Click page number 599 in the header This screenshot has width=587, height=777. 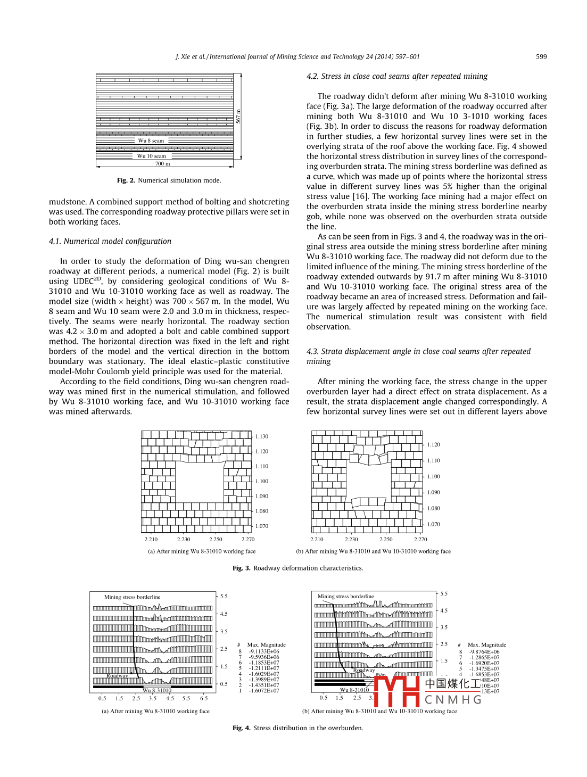tap(541, 56)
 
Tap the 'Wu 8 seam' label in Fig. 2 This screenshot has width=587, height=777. tap(151, 141)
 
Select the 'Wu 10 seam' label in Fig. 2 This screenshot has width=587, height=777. tap(152, 156)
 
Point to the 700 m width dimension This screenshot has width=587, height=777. tap(163, 164)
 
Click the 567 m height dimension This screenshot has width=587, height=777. tap(238, 116)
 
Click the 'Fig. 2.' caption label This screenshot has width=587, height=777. tap(126, 180)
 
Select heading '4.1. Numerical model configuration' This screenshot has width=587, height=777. tap(110, 241)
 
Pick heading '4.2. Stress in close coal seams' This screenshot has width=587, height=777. tap(397, 76)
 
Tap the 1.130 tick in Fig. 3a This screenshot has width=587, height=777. tap(262, 436)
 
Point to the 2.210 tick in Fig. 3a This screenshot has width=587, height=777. tap(151, 539)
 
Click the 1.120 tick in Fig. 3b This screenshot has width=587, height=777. tap(434, 444)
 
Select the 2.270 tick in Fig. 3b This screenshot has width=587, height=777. tap(420, 539)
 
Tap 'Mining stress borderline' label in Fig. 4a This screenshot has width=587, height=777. tap(132, 597)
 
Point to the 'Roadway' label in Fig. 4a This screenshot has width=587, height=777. tap(117, 676)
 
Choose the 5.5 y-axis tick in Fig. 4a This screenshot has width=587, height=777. tap(224, 597)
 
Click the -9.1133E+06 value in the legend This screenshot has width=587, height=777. tap(264, 651)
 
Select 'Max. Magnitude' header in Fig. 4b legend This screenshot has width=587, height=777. tap(487, 645)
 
